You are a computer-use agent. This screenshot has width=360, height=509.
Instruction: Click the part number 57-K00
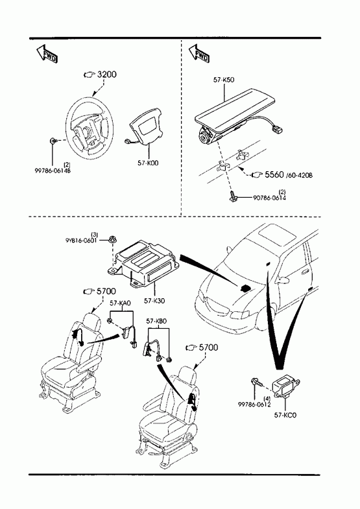click(148, 163)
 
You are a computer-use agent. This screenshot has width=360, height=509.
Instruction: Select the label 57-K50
click(224, 80)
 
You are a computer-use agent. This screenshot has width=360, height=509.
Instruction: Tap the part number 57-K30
click(154, 301)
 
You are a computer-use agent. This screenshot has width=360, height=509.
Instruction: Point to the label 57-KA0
click(120, 303)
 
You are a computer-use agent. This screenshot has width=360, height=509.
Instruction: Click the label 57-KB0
click(156, 321)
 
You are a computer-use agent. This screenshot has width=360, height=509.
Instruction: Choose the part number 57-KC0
click(285, 415)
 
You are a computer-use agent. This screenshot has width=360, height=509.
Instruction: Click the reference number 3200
click(107, 75)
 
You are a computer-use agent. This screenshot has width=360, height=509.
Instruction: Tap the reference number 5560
click(274, 174)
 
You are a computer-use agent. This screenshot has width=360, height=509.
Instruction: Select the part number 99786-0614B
click(53, 171)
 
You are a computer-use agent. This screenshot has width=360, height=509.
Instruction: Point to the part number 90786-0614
click(270, 198)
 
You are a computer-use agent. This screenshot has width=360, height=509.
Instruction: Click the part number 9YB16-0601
click(81, 241)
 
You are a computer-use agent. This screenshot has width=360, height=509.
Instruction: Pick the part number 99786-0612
click(254, 405)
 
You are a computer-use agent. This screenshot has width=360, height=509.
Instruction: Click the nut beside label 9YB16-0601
click(114, 240)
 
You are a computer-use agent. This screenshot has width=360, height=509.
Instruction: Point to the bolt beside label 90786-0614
click(234, 196)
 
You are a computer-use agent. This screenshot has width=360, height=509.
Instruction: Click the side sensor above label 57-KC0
click(286, 386)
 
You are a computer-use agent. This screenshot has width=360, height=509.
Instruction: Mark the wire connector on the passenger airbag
click(276, 130)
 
